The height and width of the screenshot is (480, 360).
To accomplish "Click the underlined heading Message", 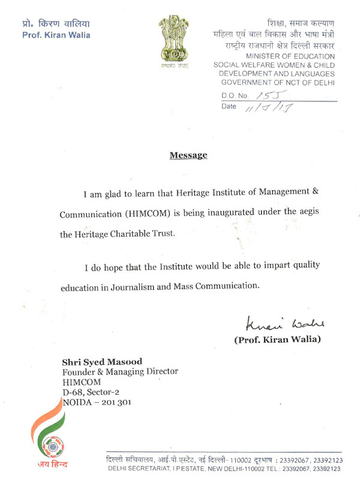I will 188,155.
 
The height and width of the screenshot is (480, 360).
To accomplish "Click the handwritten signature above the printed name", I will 284,325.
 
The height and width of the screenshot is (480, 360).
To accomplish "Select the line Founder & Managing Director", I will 120,372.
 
